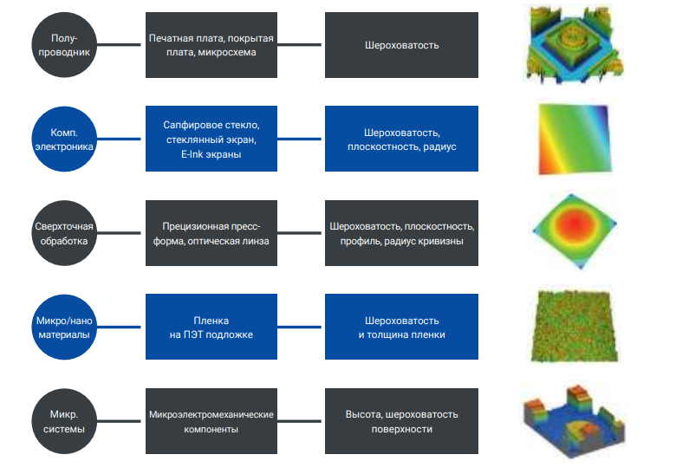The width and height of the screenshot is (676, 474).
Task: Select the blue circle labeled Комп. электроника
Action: [x=63, y=139]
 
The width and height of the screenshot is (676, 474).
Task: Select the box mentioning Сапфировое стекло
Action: [x=211, y=139]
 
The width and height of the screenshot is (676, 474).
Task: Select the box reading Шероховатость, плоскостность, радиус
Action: [x=401, y=139]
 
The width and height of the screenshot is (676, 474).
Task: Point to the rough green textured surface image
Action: [x=574, y=327]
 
